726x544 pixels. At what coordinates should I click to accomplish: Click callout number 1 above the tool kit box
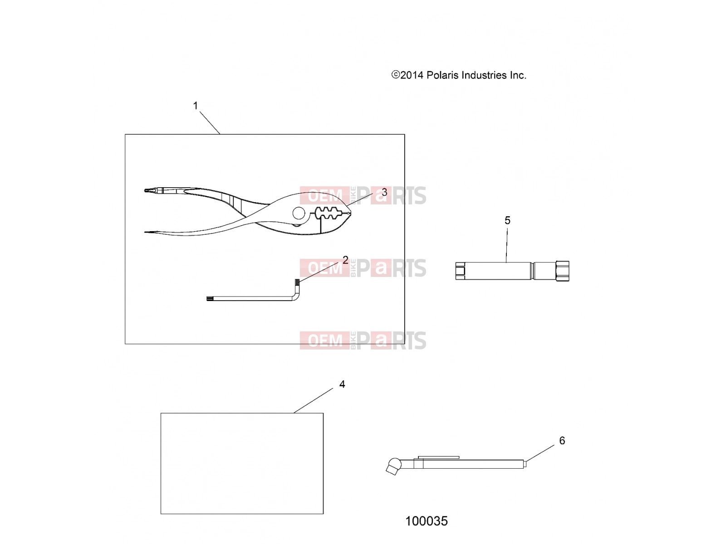[x=195, y=106]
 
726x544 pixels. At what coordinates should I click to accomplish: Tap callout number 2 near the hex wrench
[x=345, y=260]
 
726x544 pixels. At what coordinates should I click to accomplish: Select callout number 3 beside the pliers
[x=384, y=192]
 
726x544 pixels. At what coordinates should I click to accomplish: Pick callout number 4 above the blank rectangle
[x=342, y=384]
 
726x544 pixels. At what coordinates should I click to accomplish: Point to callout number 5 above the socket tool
[x=507, y=220]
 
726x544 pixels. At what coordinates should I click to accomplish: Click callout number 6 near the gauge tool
[x=562, y=440]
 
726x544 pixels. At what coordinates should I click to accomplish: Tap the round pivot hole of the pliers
[x=299, y=214]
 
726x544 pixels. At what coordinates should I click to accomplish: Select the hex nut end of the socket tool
[x=562, y=271]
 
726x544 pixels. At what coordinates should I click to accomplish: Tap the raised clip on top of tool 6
[x=438, y=457]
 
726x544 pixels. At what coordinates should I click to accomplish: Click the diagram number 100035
[x=427, y=521]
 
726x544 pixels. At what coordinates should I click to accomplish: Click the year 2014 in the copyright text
[x=412, y=75]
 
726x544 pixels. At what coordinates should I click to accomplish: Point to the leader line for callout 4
[x=313, y=400]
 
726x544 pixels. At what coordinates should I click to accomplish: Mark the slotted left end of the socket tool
[x=460, y=271]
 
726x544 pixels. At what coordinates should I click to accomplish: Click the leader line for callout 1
[x=210, y=122]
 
